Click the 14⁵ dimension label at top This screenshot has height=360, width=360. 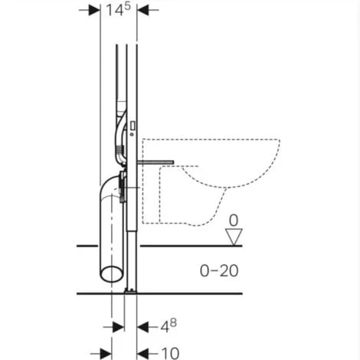[x=118, y=10]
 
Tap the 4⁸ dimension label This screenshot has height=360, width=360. [x=169, y=326]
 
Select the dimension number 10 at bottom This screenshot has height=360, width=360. [x=170, y=353]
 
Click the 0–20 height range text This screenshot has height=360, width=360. [x=219, y=270]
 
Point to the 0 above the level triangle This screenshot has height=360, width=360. [x=234, y=221]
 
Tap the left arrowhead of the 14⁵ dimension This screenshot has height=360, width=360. [x=94, y=10]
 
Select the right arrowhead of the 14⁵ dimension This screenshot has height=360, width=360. [x=142, y=10]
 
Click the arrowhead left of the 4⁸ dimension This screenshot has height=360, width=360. [x=119, y=327]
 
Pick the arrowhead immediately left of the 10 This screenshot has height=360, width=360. [x=142, y=354]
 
